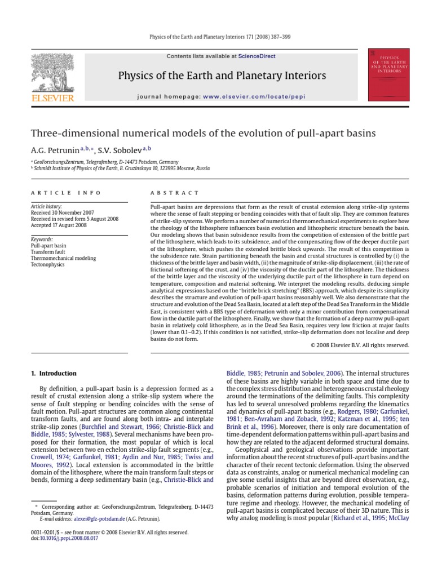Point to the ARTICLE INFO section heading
tap(66, 193)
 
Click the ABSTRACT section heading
tap(175, 193)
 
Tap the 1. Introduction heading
tap(54, 373)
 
